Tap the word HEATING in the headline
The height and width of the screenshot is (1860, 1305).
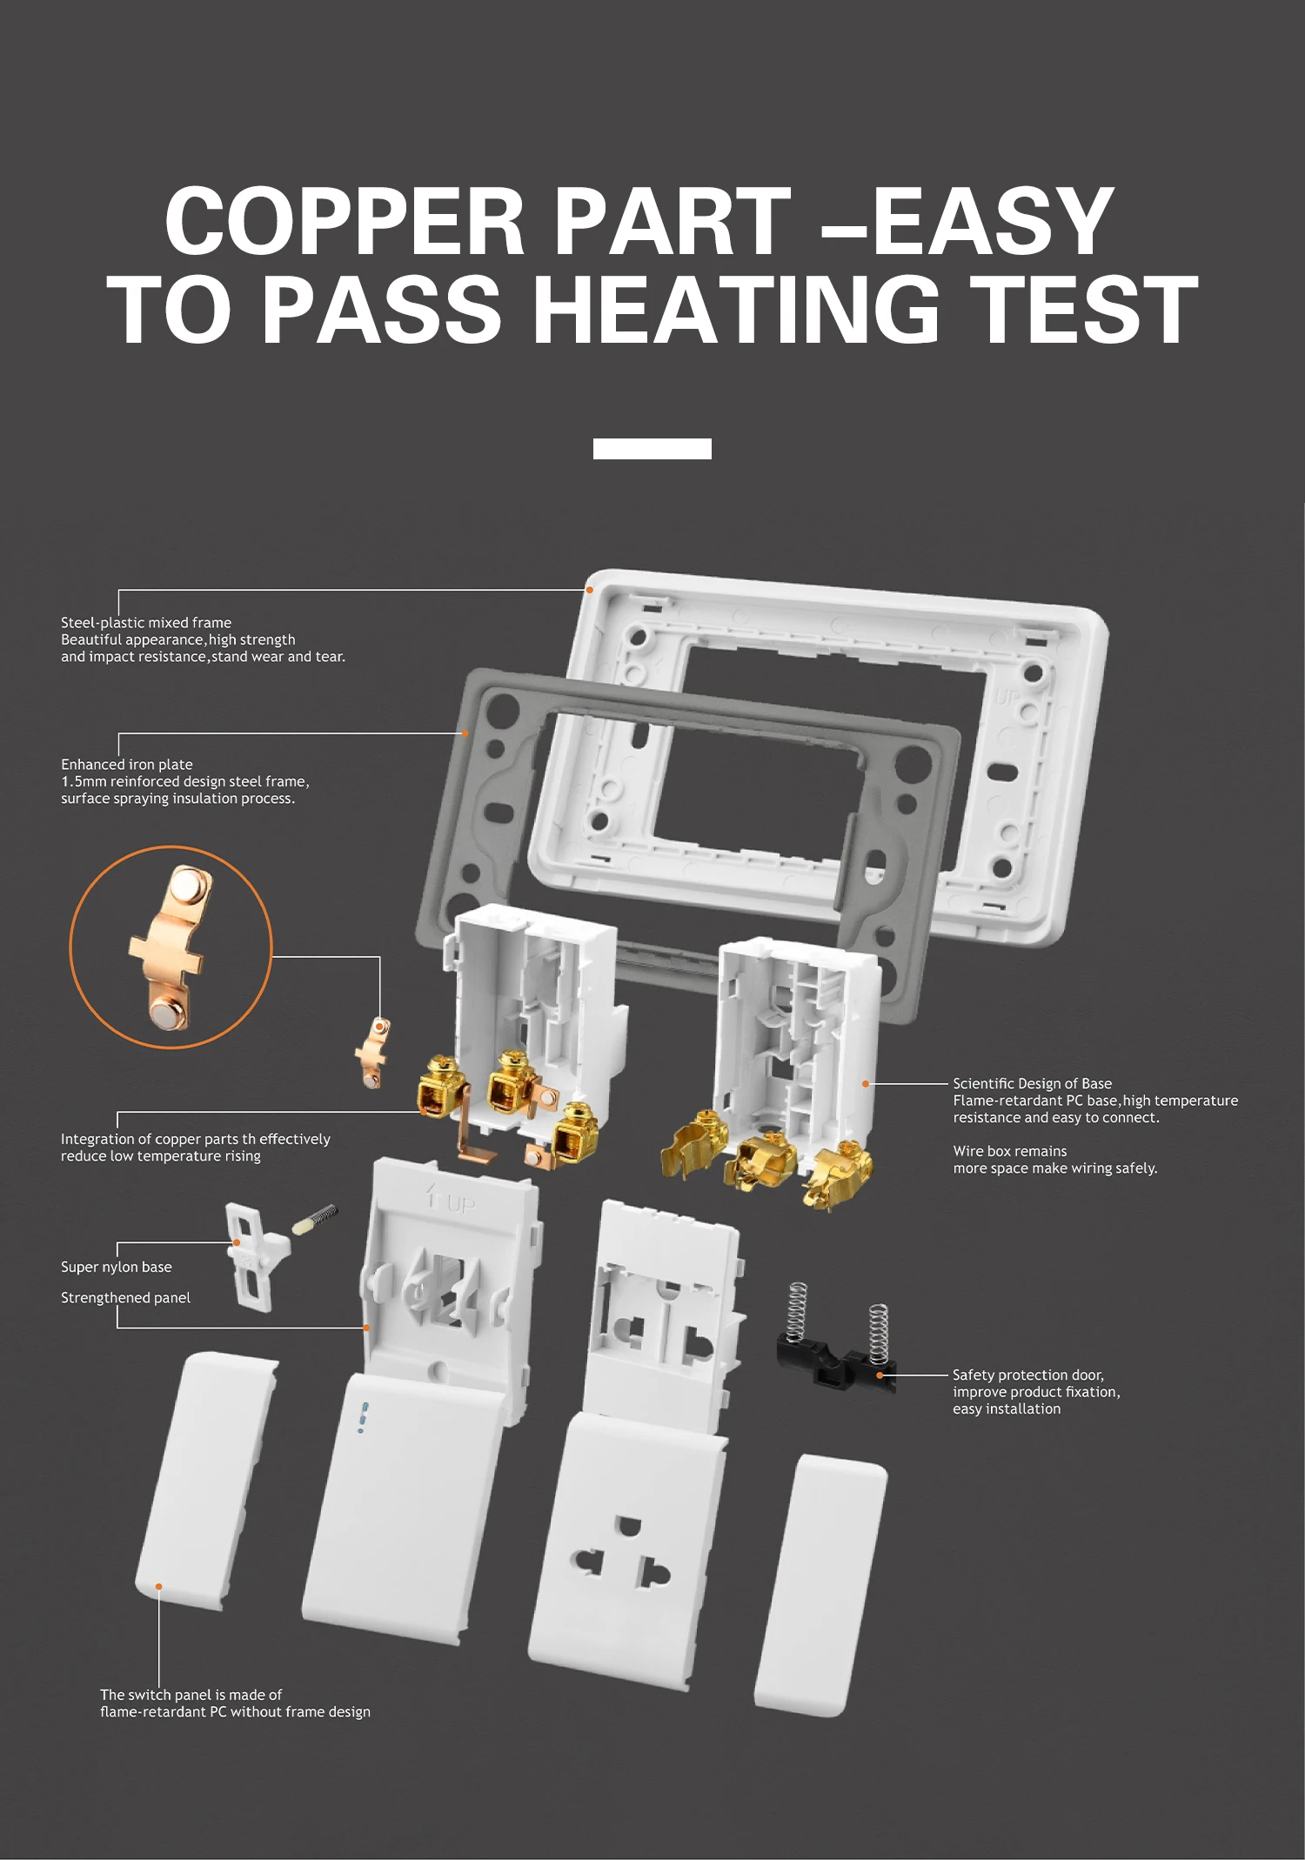click(736, 310)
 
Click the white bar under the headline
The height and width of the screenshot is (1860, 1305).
click(652, 448)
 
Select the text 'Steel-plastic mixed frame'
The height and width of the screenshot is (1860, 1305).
click(146, 623)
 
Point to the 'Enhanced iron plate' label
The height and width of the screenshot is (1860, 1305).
click(127, 765)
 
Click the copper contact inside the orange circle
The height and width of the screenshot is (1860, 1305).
click(171, 947)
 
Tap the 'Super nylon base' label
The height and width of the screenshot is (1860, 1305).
click(117, 1268)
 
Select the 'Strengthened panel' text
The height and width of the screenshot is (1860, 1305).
click(125, 1298)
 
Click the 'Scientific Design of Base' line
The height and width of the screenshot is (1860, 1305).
click(1032, 1084)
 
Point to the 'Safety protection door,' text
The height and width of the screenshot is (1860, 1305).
click(1028, 1375)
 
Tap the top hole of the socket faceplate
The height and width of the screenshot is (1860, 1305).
click(627, 1525)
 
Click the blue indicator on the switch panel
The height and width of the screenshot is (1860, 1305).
click(363, 1417)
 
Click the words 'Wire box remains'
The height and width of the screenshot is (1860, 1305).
click(1009, 1151)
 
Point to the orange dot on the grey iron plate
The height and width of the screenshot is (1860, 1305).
click(465, 733)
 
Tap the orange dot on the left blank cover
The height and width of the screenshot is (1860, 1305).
click(158, 1587)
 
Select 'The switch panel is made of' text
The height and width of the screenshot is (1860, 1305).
click(191, 1695)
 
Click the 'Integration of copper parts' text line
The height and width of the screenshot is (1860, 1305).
click(196, 1140)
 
